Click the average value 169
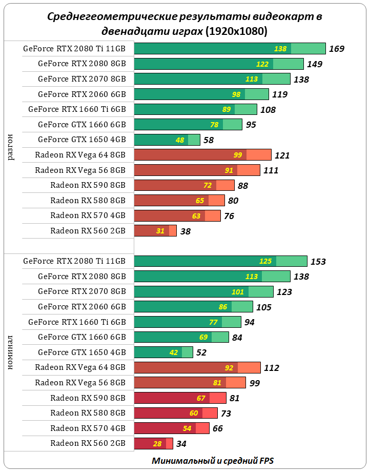pyautogui.click(x=336, y=49)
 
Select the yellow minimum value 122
pyautogui.click(x=262, y=64)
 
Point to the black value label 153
pyautogui.click(x=318, y=262)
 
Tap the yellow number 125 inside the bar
pyautogui.click(x=265, y=261)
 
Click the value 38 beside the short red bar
pyautogui.click(x=186, y=231)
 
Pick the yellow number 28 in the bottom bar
pyautogui.click(x=157, y=443)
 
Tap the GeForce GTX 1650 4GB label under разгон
pyautogui.click(x=81, y=140)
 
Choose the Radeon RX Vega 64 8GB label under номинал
pyautogui.click(x=80, y=367)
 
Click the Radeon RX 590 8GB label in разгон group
pyautogui.click(x=88, y=185)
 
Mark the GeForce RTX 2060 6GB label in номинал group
pyautogui.click(x=81, y=307)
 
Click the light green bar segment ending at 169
pyautogui.click(x=308, y=49)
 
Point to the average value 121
pyautogui.click(x=282, y=155)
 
